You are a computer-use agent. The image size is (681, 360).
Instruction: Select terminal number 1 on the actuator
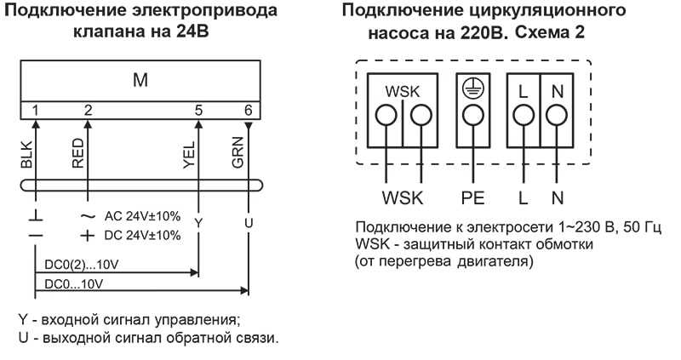click(x=36, y=110)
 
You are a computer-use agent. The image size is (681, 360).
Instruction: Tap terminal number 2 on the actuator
click(x=89, y=110)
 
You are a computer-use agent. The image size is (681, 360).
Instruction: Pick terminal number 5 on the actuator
click(x=198, y=110)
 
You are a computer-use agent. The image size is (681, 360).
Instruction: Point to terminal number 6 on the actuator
click(x=247, y=110)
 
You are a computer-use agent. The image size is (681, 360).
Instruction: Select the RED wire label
click(x=78, y=151)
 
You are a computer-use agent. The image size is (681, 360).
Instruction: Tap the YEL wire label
click(x=189, y=151)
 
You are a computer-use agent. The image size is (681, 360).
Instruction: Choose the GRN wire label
click(x=238, y=151)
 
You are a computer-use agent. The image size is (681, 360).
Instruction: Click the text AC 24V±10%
click(x=141, y=217)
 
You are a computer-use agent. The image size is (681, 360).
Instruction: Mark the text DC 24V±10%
click(x=141, y=235)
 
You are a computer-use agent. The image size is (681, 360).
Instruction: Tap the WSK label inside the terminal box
click(x=403, y=91)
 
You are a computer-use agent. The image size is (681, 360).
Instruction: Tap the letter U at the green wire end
click(x=248, y=222)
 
